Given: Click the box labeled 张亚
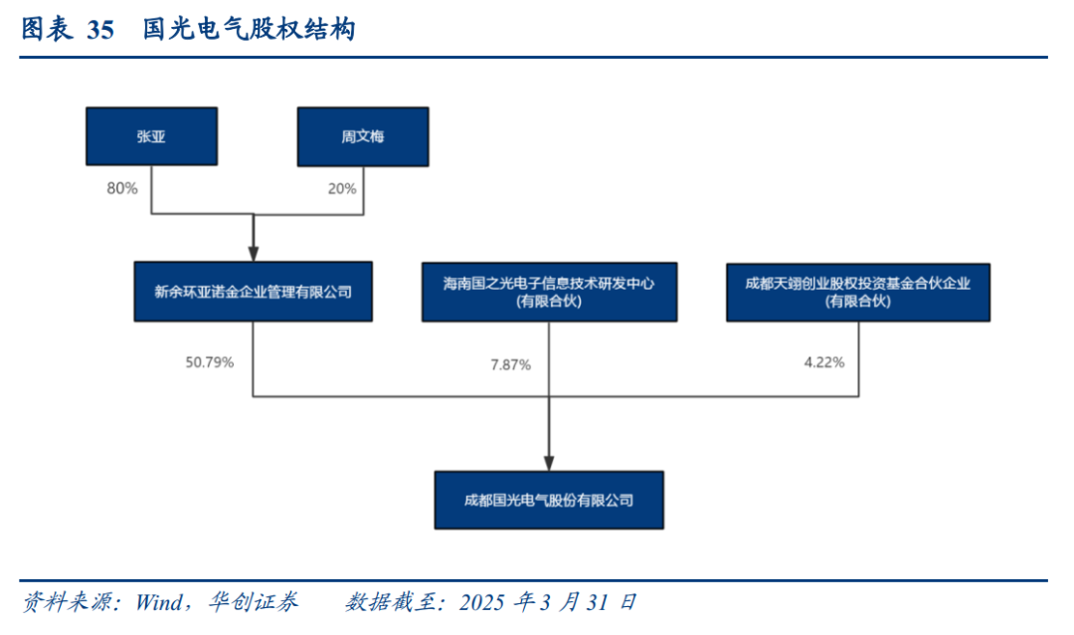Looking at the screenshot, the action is (151, 135).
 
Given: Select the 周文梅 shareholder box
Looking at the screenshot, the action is (363, 136).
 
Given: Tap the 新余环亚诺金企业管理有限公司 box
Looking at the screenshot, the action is (254, 292).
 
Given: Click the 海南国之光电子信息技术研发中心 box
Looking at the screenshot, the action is (549, 293).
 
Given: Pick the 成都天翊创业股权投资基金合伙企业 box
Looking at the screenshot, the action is (858, 293).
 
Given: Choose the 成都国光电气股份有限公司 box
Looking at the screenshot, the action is (549, 500).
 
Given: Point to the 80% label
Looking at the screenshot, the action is (122, 188).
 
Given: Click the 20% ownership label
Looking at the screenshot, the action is (342, 188).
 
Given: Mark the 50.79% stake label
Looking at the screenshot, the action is (210, 362).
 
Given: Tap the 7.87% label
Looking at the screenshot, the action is (510, 365).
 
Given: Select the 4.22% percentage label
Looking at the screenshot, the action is (824, 362).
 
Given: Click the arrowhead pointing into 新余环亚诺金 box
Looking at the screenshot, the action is (254, 254).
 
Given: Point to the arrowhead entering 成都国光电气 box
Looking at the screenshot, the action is (549, 463).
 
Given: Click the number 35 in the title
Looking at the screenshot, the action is (100, 30).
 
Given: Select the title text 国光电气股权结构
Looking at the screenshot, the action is (250, 30).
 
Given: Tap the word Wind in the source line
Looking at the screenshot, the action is (159, 602).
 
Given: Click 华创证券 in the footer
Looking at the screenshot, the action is (254, 602).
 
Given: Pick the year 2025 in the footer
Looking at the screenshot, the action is (481, 603).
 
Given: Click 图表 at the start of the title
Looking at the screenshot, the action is (47, 30).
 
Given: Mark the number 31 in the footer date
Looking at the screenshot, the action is (597, 603).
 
